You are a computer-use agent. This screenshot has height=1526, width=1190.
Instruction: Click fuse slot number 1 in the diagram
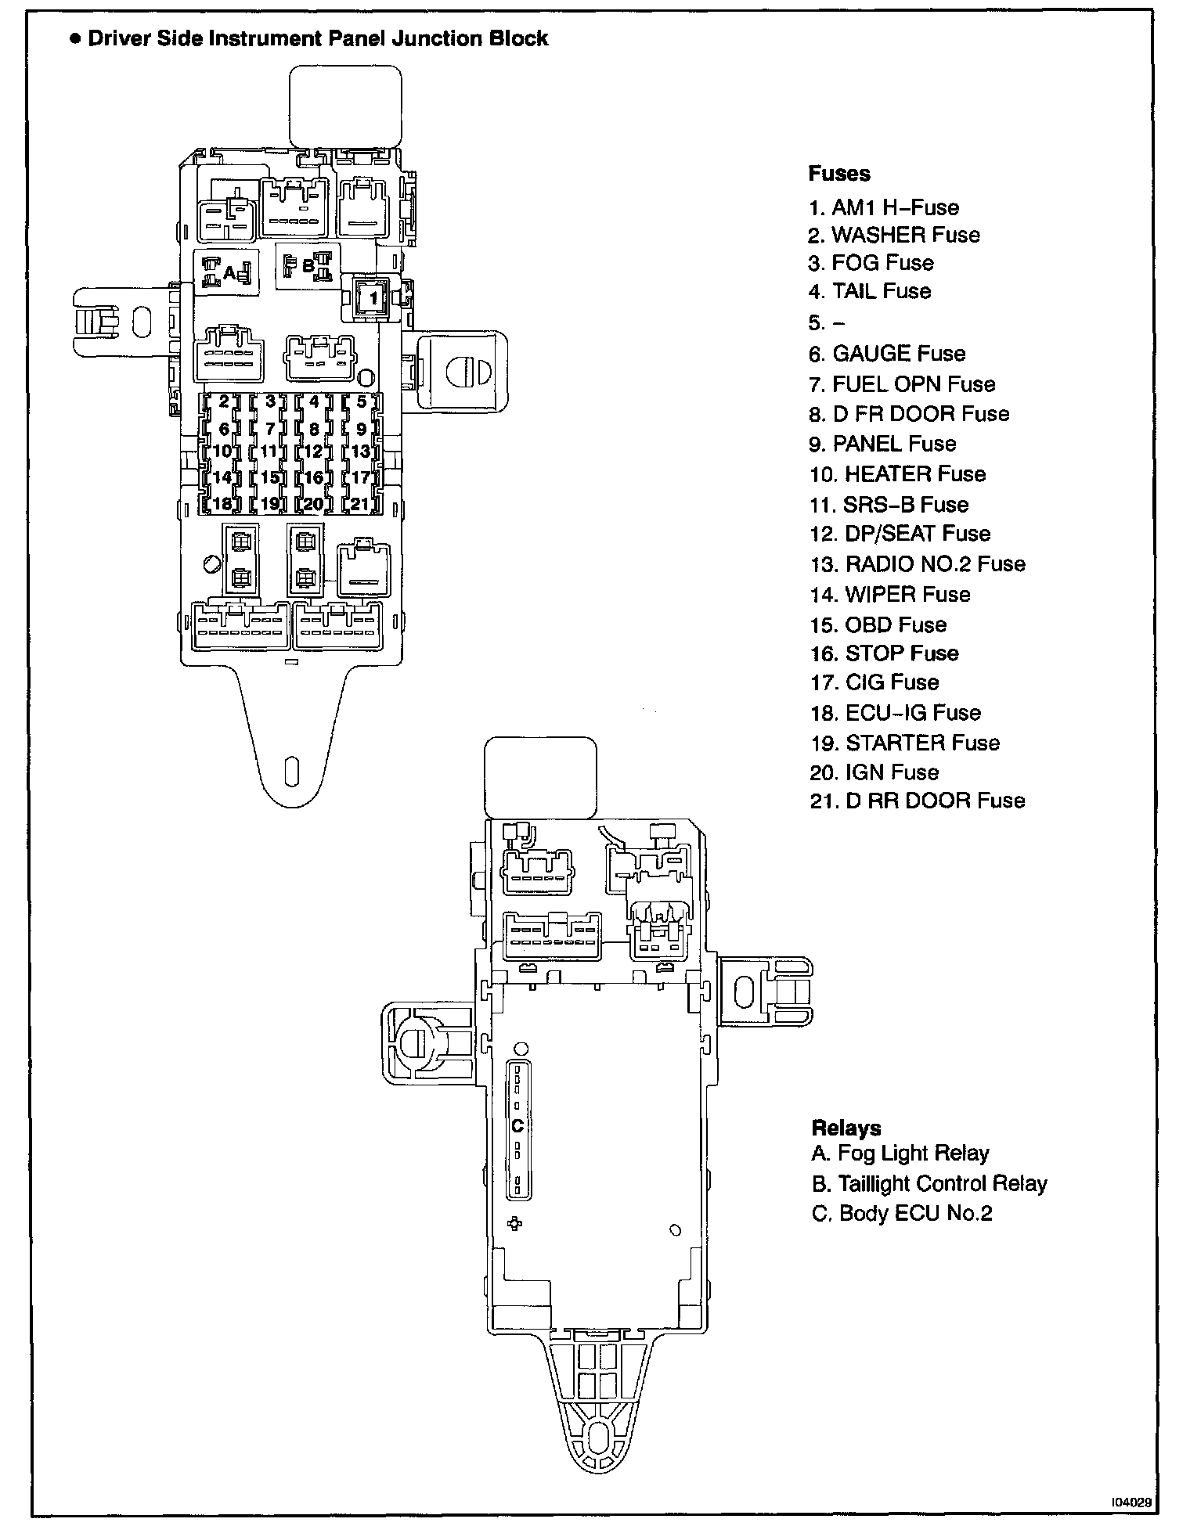(x=373, y=297)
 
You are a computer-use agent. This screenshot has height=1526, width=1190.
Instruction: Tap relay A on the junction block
(x=228, y=272)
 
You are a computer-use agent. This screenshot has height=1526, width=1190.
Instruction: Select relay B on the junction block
(x=308, y=266)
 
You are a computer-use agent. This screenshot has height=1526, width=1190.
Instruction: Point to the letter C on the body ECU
(x=517, y=1125)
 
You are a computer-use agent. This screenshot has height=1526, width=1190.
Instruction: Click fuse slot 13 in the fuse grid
(x=360, y=452)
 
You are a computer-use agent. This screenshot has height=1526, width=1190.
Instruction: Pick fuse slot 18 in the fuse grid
(x=222, y=503)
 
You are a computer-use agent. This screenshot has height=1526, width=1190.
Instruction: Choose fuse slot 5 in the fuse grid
(x=361, y=402)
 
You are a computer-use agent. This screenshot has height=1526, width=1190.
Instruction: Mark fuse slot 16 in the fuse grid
(x=313, y=477)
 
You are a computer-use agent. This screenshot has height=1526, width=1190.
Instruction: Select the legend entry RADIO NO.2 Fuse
(x=918, y=563)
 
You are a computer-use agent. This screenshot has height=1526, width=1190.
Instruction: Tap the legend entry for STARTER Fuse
(x=905, y=742)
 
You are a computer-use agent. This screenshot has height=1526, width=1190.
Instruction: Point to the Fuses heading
(x=839, y=174)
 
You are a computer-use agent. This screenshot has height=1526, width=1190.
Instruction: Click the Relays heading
(x=846, y=1128)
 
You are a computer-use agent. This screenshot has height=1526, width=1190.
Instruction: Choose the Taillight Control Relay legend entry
(x=929, y=1183)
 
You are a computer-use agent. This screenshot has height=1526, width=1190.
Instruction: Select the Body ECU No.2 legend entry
(x=902, y=1213)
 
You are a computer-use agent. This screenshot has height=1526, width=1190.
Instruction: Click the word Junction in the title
(x=438, y=39)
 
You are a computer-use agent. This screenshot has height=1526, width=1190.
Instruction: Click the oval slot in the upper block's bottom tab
(x=290, y=770)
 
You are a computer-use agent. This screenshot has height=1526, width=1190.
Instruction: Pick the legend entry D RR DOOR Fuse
(x=918, y=801)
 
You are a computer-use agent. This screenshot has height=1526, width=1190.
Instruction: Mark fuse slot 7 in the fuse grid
(x=269, y=428)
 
